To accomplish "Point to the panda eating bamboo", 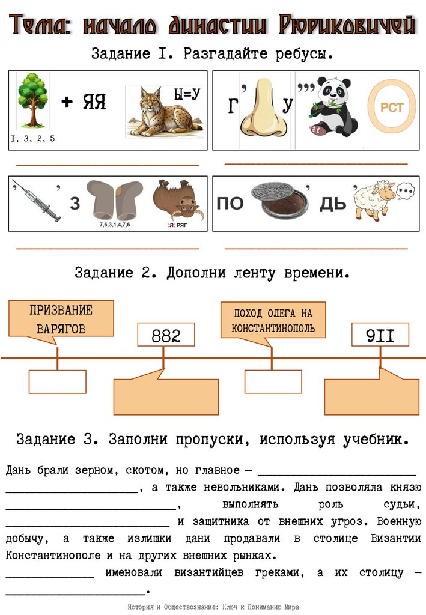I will [329, 106].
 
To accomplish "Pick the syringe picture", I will [37, 201].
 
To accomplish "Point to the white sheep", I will [373, 198].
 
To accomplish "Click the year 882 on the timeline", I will [166, 335].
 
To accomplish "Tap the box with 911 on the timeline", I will [380, 335].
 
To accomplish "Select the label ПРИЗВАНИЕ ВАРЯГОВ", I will [61, 319].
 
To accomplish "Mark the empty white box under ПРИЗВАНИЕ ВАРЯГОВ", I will [57, 382].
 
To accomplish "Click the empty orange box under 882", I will [166, 397].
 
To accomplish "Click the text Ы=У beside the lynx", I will [186, 94].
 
